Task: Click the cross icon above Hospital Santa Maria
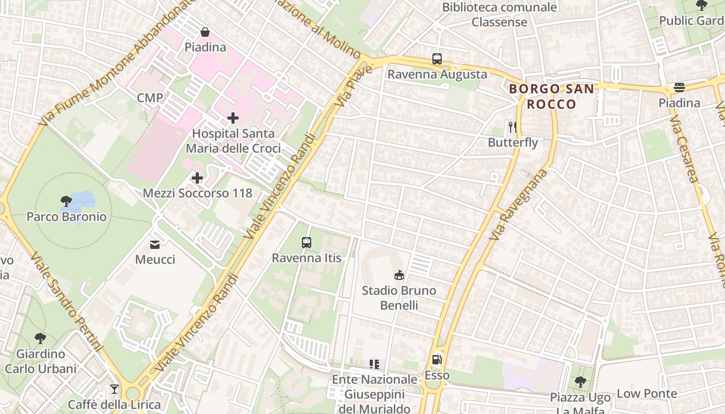tap(233, 118)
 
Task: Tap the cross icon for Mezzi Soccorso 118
tap(197, 179)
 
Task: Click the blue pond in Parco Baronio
tap(83, 200)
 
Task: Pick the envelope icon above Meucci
tap(155, 244)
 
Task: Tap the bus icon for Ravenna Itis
tap(307, 242)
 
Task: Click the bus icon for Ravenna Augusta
tap(437, 59)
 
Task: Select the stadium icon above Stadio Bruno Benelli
tap(399, 275)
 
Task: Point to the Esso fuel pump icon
tap(437, 360)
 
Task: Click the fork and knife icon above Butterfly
tap(513, 127)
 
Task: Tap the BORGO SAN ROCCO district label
tap(552, 96)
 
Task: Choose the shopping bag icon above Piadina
tap(205, 32)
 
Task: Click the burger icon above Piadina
tap(679, 87)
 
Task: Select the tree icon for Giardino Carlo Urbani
tap(40, 339)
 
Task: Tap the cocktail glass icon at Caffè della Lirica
tap(114, 389)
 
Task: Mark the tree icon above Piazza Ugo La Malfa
tap(580, 382)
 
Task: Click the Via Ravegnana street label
tap(518, 204)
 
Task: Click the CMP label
tap(150, 98)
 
